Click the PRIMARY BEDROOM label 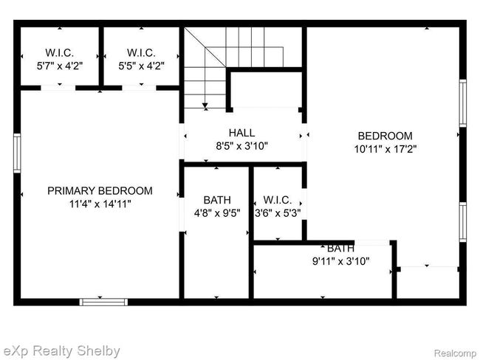tap(100, 191)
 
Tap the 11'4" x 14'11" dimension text tap(100, 204)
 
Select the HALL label tap(241, 133)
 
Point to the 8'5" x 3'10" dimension tap(241, 146)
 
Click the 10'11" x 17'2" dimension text tap(385, 149)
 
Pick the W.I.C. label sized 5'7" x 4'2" tap(60, 52)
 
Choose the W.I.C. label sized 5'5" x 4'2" tap(142, 52)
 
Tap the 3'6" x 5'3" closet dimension tap(278, 213)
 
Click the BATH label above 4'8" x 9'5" tap(217, 200)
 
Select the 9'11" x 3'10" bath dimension tap(341, 261)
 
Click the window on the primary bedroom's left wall tap(17, 153)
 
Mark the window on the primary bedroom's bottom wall tap(104, 302)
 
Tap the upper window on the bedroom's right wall tap(463, 103)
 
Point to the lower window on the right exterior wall tap(463, 222)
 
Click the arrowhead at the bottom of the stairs tap(205, 105)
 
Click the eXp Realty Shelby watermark tap(61, 351)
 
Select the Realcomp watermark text tap(455, 353)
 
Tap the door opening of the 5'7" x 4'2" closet tap(58, 88)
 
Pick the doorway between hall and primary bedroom tap(182, 142)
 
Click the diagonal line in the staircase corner tap(205, 47)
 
